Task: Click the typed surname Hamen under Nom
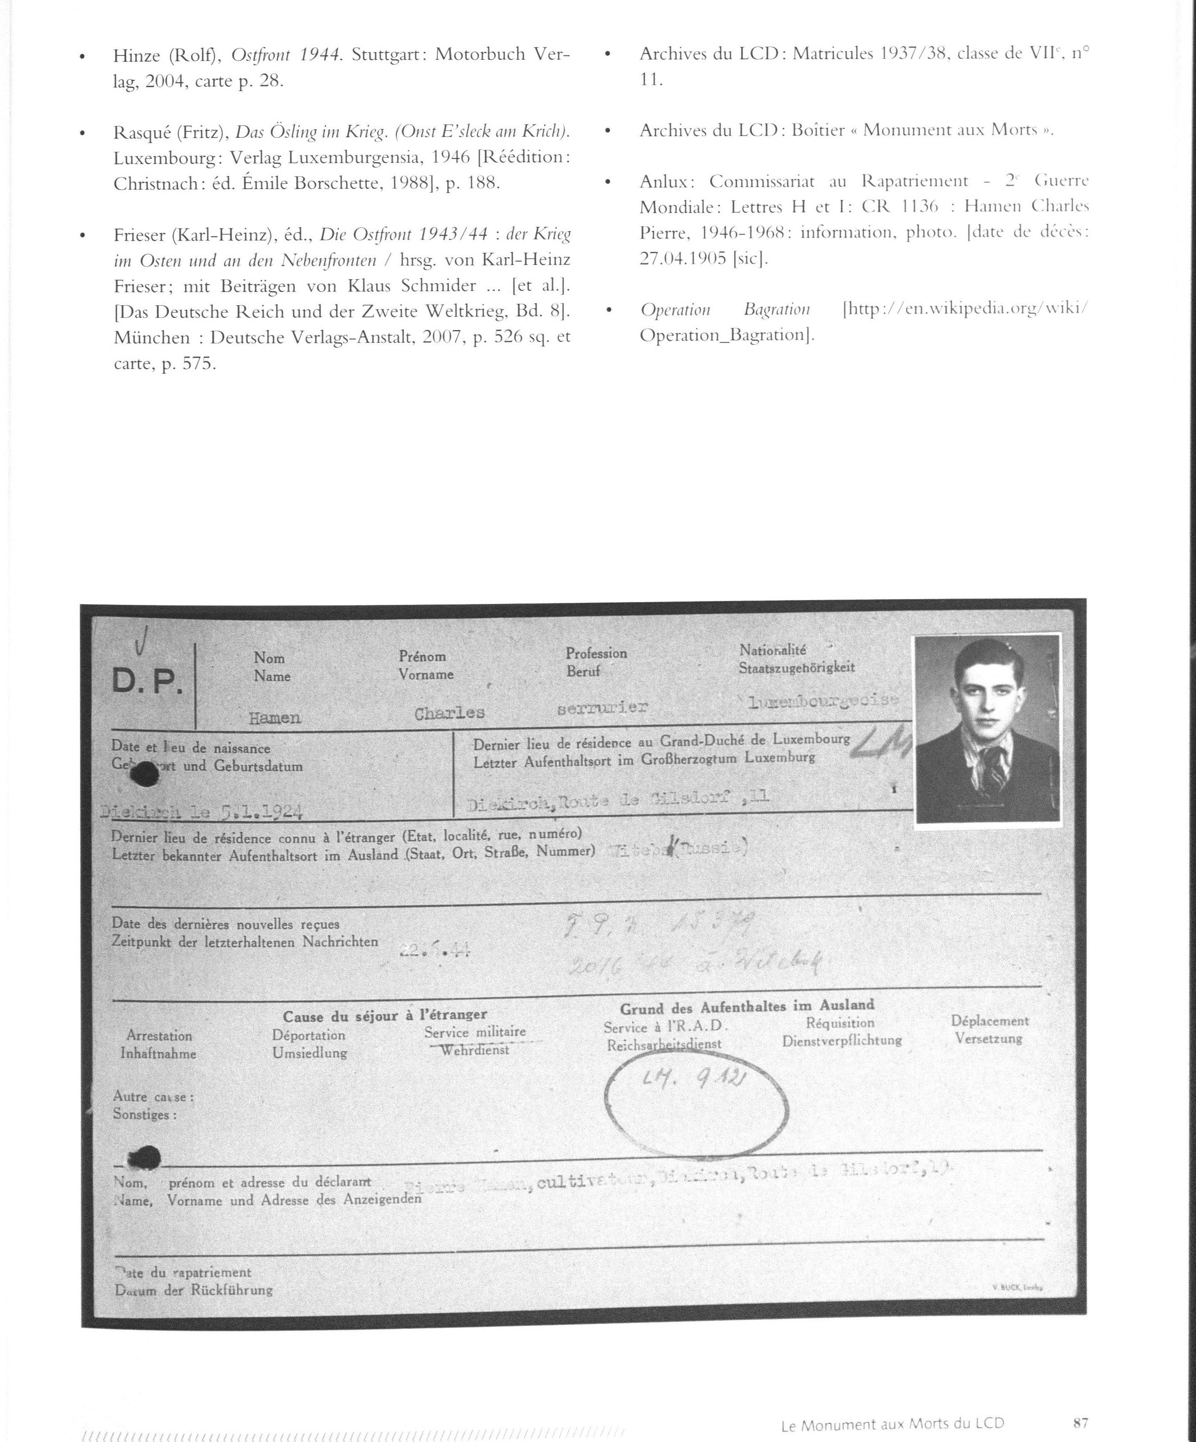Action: coord(275,718)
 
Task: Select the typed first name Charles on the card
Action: coord(450,713)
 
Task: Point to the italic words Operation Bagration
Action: coord(724,310)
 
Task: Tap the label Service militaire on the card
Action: coord(475,1032)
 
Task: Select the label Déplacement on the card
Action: coord(989,1021)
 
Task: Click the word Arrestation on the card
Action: coord(159,1035)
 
